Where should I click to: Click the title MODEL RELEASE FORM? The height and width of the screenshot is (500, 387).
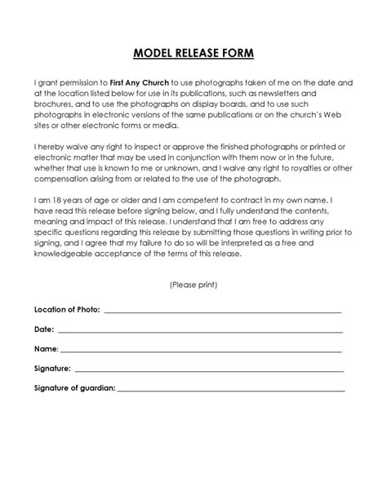193,54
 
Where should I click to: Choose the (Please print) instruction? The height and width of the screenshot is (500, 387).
193,285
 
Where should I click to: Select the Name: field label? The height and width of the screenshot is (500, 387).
46,349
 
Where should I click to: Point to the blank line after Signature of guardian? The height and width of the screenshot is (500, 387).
230,389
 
